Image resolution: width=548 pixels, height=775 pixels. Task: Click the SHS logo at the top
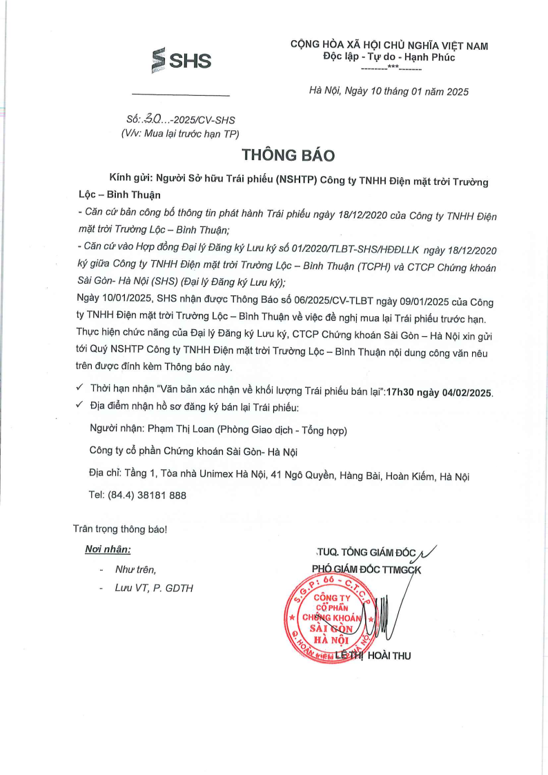[x=182, y=61]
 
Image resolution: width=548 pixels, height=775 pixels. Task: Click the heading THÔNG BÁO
[x=278, y=155]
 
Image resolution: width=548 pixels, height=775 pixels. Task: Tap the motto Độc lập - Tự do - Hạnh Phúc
[x=389, y=57]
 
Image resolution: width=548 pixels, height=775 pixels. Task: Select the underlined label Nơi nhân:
[x=108, y=549]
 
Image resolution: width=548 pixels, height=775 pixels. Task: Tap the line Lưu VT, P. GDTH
[x=154, y=589]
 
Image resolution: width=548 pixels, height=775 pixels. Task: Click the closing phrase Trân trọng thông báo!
[x=120, y=529]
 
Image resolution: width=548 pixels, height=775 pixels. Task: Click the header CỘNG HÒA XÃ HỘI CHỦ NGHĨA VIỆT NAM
[x=389, y=46]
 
